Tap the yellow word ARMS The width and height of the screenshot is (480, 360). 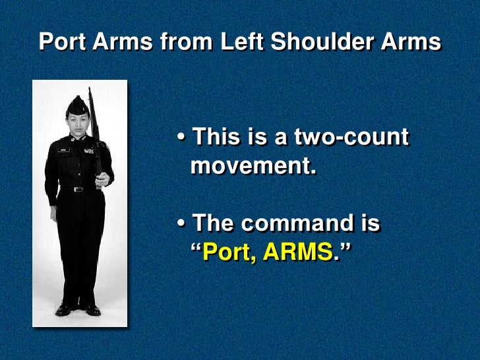[x=298, y=252]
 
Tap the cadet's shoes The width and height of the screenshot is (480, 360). [x=78, y=309]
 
